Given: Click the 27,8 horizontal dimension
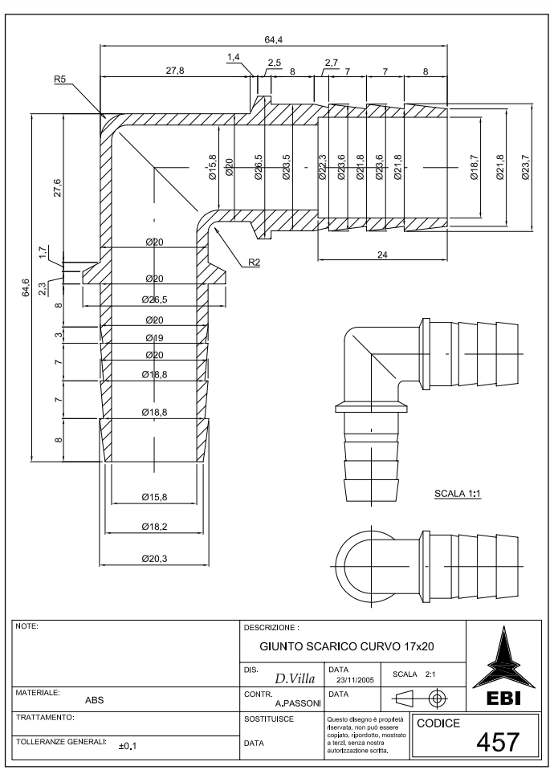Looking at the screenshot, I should click(174, 71).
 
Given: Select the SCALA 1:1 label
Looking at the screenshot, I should click(456, 495).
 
